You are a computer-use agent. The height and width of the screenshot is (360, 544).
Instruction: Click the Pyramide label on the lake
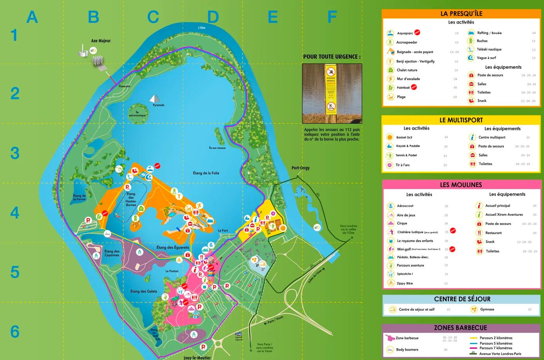point(159,105)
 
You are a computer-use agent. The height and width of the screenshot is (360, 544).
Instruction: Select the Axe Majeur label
point(101,41)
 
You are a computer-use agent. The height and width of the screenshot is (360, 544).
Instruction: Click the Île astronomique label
point(137,114)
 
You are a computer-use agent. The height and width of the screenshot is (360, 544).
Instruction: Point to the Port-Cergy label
point(300,168)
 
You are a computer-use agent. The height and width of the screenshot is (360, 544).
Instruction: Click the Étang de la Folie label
point(206,173)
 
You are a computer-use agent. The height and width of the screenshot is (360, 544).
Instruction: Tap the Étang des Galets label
point(144,291)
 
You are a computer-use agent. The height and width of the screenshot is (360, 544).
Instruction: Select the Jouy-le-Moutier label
point(197,357)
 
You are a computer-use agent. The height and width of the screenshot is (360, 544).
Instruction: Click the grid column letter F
point(332,17)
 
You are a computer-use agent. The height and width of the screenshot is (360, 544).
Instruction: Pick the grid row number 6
point(14,332)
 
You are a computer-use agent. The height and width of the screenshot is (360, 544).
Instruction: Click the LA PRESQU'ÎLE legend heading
point(461,13)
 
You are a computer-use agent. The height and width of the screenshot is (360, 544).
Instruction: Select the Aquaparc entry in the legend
point(405,33)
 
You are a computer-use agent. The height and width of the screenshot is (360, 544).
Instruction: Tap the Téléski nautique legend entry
point(489,49)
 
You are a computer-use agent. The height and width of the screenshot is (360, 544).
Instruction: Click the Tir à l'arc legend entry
point(402,165)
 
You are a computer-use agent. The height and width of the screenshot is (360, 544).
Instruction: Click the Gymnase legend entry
point(487,309)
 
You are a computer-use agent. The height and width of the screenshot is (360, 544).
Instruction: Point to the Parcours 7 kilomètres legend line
point(495,348)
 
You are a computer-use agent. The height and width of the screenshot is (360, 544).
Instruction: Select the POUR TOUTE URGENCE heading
point(332,57)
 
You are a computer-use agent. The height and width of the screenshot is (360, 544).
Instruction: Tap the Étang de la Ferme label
point(80,197)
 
